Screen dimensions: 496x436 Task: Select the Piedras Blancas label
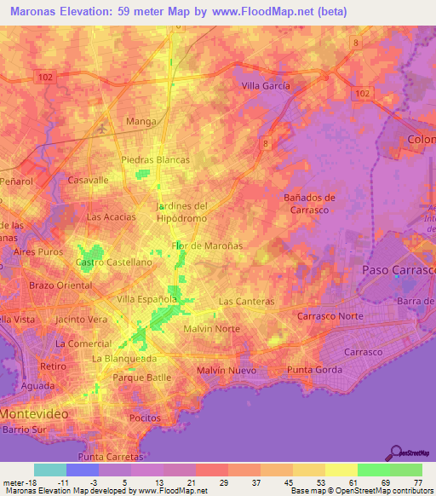click(155, 159)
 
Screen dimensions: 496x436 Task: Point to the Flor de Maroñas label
click(207, 245)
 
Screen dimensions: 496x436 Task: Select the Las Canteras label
click(246, 302)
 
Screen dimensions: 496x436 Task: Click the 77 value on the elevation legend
click(417, 482)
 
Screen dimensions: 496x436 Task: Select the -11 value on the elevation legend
click(64, 482)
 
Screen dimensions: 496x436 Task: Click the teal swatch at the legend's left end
click(49, 470)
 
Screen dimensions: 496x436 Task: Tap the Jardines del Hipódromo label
click(182, 212)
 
